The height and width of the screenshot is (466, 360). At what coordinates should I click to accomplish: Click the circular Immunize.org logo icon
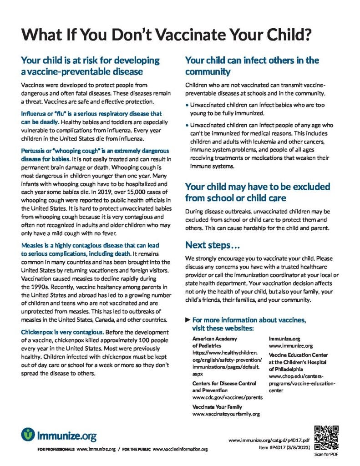(28, 434)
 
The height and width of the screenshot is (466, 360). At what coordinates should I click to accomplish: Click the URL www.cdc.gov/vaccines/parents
(227, 397)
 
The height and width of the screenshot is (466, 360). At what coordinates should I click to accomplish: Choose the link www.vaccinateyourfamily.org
(226, 414)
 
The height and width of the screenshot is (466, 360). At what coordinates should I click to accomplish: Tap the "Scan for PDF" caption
(326, 455)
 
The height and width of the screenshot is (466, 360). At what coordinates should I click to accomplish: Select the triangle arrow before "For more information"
(188, 320)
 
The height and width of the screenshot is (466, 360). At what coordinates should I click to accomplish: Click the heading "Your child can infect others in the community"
(252, 66)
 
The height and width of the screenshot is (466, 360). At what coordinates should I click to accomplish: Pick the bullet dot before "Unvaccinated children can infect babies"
(188, 105)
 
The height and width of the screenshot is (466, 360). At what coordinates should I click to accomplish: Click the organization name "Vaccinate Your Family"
(217, 407)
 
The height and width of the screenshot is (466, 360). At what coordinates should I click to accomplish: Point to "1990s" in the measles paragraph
(30, 287)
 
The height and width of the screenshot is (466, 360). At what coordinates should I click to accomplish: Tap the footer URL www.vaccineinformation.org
(180, 450)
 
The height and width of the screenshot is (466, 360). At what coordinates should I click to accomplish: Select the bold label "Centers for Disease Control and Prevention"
(223, 387)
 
